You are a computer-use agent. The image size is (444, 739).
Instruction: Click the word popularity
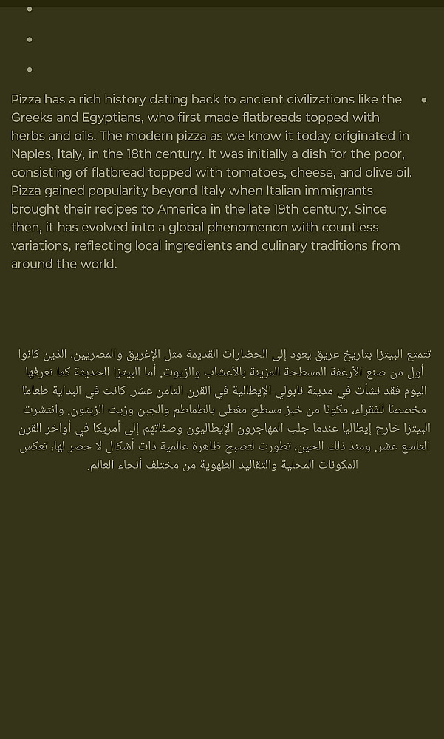pos(86,191)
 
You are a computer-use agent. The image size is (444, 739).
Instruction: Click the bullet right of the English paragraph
pos(423,100)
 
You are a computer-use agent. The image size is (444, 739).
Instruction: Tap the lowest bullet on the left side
pos(30,69)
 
